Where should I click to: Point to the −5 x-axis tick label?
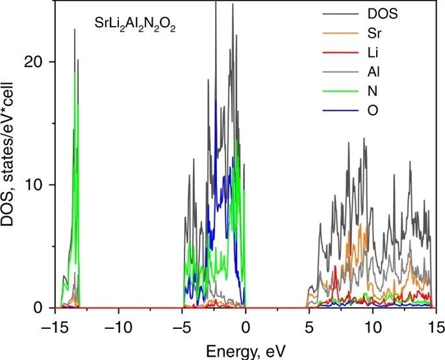pos(183,323)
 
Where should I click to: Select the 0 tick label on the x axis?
pos(246,323)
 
